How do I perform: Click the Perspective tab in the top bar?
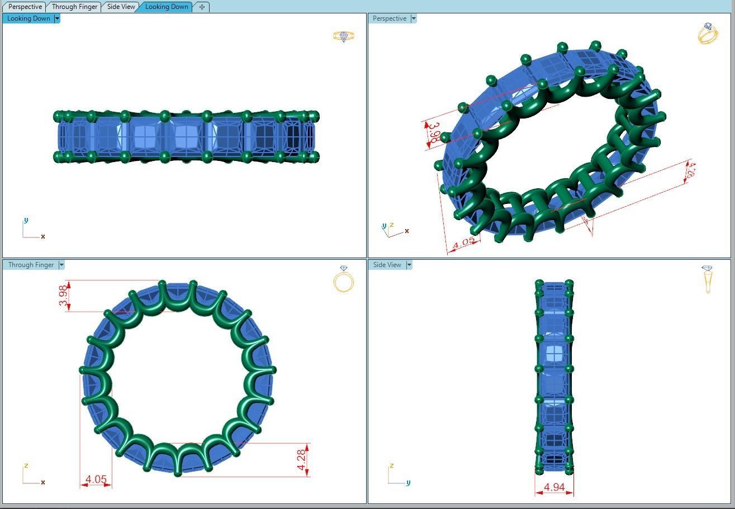pos(25,7)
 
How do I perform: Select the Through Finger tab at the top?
pos(74,7)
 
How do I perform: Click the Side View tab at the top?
pos(121,7)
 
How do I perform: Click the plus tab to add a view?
pos(202,7)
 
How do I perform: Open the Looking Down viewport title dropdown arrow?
pos(57,18)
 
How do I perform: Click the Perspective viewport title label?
pos(389,18)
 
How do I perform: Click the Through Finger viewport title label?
pos(31,265)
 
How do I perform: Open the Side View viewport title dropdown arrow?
pos(409,265)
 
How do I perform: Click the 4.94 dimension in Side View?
pos(554,487)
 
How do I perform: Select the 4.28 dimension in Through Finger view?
pos(302,459)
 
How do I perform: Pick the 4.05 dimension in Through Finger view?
pos(96,479)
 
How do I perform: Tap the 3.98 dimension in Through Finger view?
pos(63,296)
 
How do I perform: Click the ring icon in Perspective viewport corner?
pos(708,34)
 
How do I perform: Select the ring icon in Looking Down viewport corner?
pos(343,36)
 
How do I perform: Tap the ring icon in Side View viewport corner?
pos(708,279)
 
